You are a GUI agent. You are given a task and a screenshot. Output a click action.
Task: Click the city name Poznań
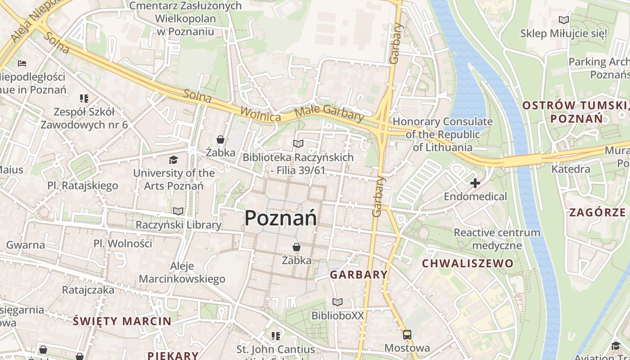click(x=280, y=218)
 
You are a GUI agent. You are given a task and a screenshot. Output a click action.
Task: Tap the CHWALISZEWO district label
click(x=467, y=263)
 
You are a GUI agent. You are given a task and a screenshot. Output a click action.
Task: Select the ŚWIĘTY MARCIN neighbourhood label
click(x=122, y=321)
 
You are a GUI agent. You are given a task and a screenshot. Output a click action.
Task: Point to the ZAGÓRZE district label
click(x=597, y=212)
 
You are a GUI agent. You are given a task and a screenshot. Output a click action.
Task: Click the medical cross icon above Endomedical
click(x=475, y=183)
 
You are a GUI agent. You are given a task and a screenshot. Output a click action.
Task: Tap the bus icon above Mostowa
click(x=407, y=335)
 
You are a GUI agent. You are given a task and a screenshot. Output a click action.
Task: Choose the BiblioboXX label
click(x=337, y=315)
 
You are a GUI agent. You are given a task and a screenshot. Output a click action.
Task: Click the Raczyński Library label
click(x=179, y=225)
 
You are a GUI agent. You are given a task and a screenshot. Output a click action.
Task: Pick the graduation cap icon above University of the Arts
click(x=173, y=160)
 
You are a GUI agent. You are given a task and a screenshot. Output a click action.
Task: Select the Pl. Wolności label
click(x=123, y=243)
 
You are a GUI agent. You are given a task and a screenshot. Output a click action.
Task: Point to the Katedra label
click(x=571, y=169)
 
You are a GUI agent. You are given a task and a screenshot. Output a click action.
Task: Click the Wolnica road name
click(x=261, y=114)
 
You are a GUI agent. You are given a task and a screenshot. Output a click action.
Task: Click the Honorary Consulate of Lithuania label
click(x=443, y=134)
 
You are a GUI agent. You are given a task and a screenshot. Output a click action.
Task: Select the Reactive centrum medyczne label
click(x=497, y=239)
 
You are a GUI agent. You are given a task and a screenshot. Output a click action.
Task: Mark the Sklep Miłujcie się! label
click(x=563, y=33)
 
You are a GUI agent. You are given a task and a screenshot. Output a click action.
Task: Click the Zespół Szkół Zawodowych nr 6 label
click(x=84, y=118)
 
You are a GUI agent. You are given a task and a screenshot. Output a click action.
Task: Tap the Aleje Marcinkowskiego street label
click(x=182, y=272)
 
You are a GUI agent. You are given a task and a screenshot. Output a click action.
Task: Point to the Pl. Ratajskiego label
click(x=83, y=185)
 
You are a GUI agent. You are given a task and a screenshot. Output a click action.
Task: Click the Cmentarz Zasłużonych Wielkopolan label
click(x=185, y=18)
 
